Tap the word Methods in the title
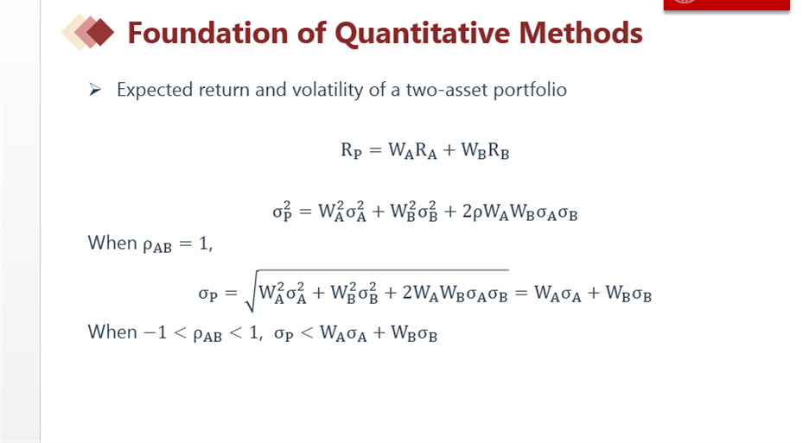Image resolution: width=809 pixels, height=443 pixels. point(581,33)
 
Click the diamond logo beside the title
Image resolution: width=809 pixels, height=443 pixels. point(88,33)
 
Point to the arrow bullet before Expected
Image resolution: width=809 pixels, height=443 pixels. point(94,90)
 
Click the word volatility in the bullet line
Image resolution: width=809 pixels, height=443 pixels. point(328,91)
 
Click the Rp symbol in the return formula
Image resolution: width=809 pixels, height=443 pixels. point(352,150)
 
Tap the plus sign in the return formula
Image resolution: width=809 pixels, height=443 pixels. point(449,150)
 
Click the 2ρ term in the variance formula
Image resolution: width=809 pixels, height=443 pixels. point(472,212)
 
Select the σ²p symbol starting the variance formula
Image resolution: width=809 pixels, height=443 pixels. point(283,211)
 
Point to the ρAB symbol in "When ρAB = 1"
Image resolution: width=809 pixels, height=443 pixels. point(156,245)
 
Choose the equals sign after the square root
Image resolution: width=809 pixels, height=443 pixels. point(521,293)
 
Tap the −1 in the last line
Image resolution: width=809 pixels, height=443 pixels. point(155,332)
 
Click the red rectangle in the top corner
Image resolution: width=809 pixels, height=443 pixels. point(726,4)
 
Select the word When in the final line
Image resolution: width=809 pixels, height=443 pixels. point(112,332)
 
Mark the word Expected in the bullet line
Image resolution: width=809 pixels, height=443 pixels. point(155,91)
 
